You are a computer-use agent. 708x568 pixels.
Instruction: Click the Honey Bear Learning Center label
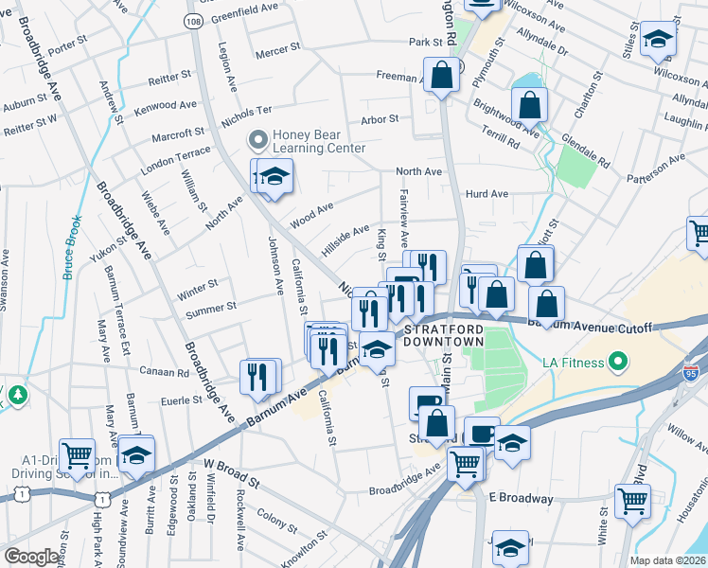[x=318, y=141]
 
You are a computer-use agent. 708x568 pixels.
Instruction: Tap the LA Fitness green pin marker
[x=618, y=361]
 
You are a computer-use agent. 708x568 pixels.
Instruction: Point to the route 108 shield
[x=192, y=19]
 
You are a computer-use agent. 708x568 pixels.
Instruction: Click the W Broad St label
[x=231, y=469]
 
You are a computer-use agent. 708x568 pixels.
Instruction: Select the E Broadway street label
[x=521, y=498]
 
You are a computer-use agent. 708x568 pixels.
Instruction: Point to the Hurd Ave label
[x=487, y=194]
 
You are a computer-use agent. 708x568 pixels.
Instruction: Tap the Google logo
[x=31, y=557]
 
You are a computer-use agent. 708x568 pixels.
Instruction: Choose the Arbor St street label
[x=380, y=120]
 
